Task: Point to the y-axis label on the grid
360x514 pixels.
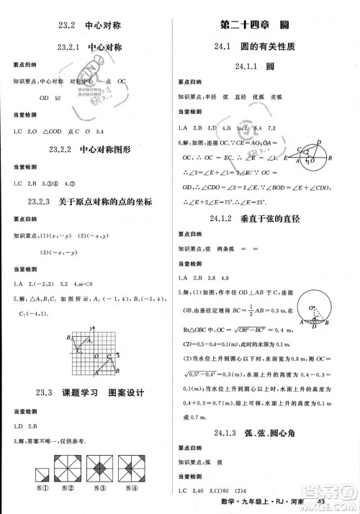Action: click(x=93, y=328)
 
